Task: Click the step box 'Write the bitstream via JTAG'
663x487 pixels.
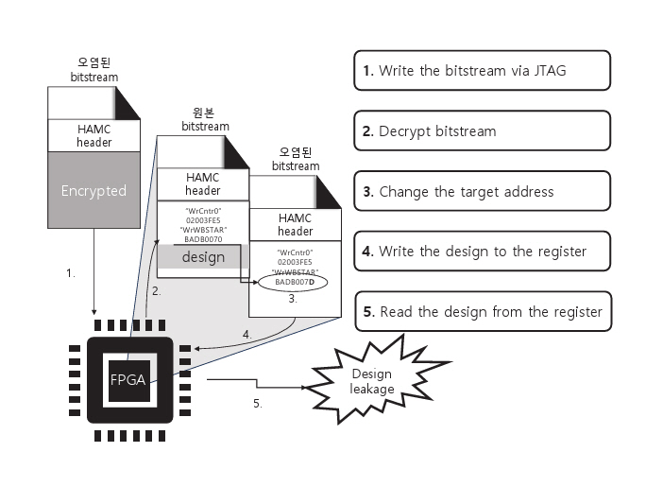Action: (482, 70)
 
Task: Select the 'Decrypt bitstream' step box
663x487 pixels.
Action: (482, 130)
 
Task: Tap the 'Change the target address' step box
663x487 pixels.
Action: (482, 191)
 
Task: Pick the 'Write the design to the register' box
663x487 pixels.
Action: (482, 251)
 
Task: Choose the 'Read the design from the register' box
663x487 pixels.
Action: (482, 311)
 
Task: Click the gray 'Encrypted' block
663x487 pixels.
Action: (93, 190)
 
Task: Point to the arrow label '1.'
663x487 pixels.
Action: (69, 272)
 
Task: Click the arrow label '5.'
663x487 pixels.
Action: (256, 403)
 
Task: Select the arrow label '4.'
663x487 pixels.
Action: (246, 333)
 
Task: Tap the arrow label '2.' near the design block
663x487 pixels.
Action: (157, 291)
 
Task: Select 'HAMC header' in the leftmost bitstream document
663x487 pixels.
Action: (93, 135)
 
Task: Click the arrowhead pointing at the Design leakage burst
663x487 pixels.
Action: (301, 387)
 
